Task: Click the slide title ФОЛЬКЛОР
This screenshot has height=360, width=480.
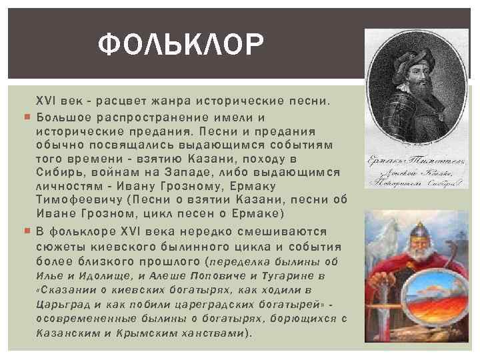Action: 181,46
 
